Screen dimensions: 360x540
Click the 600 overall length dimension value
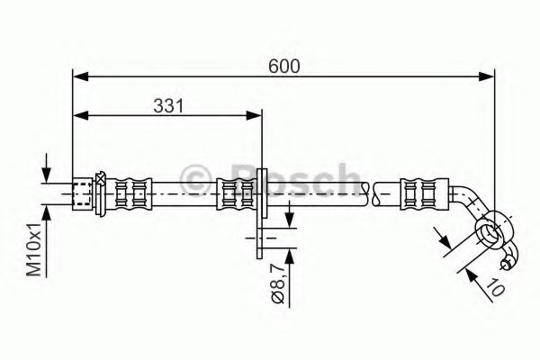tap(283, 66)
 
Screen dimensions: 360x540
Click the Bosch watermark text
tap(270, 176)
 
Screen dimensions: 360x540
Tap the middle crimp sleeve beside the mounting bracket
tap(237, 191)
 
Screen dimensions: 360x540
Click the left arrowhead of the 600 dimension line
tap(79, 77)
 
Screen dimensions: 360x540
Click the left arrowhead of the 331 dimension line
tap(79, 114)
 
